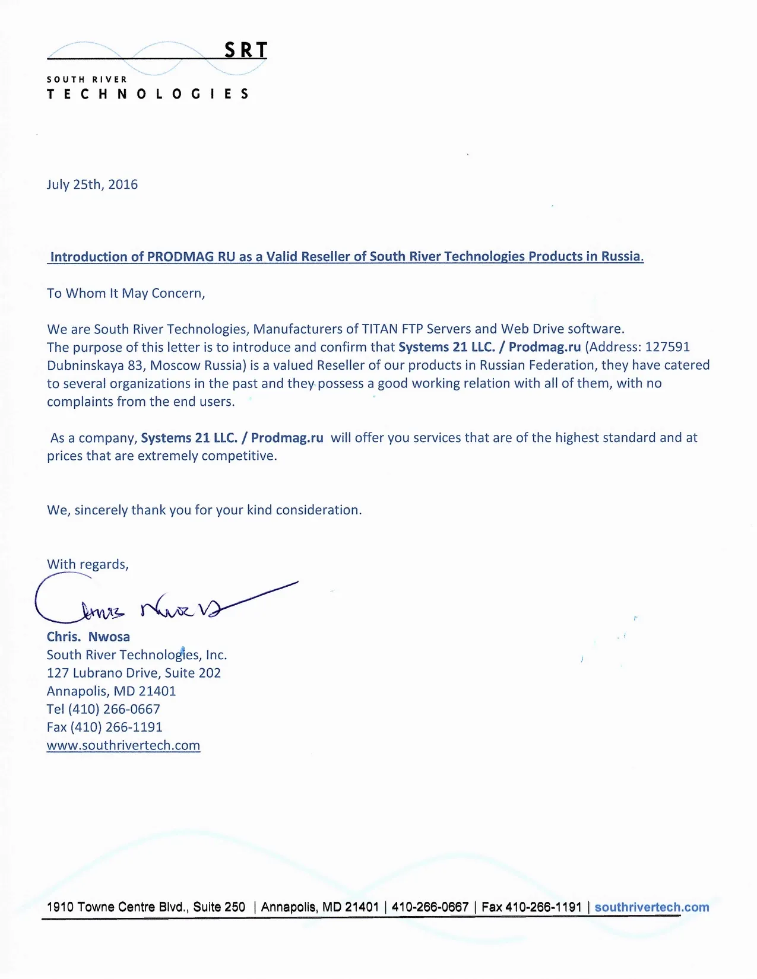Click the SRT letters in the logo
click(x=246, y=50)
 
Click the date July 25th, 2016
click(x=92, y=185)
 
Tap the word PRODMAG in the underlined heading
click(x=182, y=257)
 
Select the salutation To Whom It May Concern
click(x=126, y=293)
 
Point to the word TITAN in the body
click(x=380, y=329)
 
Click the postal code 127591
click(x=667, y=347)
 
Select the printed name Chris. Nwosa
click(x=88, y=637)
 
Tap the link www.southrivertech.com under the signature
click(x=123, y=745)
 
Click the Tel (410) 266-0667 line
click(x=103, y=709)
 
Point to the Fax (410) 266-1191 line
click(x=104, y=727)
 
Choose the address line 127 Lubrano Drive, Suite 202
click(x=134, y=673)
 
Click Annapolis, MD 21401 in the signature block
click(x=111, y=691)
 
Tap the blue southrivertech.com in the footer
click(x=651, y=907)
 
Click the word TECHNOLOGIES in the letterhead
click(x=148, y=94)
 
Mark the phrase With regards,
click(x=87, y=564)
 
